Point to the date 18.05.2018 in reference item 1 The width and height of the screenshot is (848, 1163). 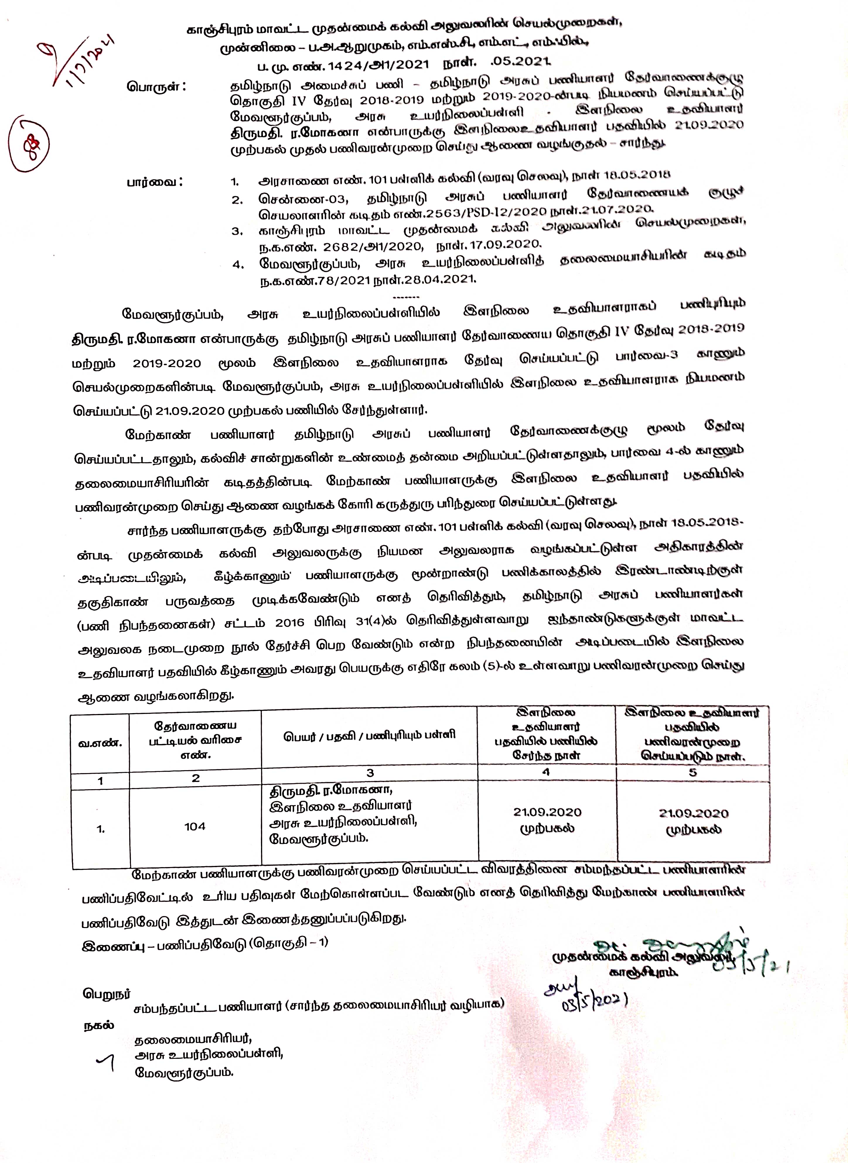[x=639, y=174]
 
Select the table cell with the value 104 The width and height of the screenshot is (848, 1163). [x=195, y=826]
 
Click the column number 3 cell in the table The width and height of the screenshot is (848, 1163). [x=370, y=773]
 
